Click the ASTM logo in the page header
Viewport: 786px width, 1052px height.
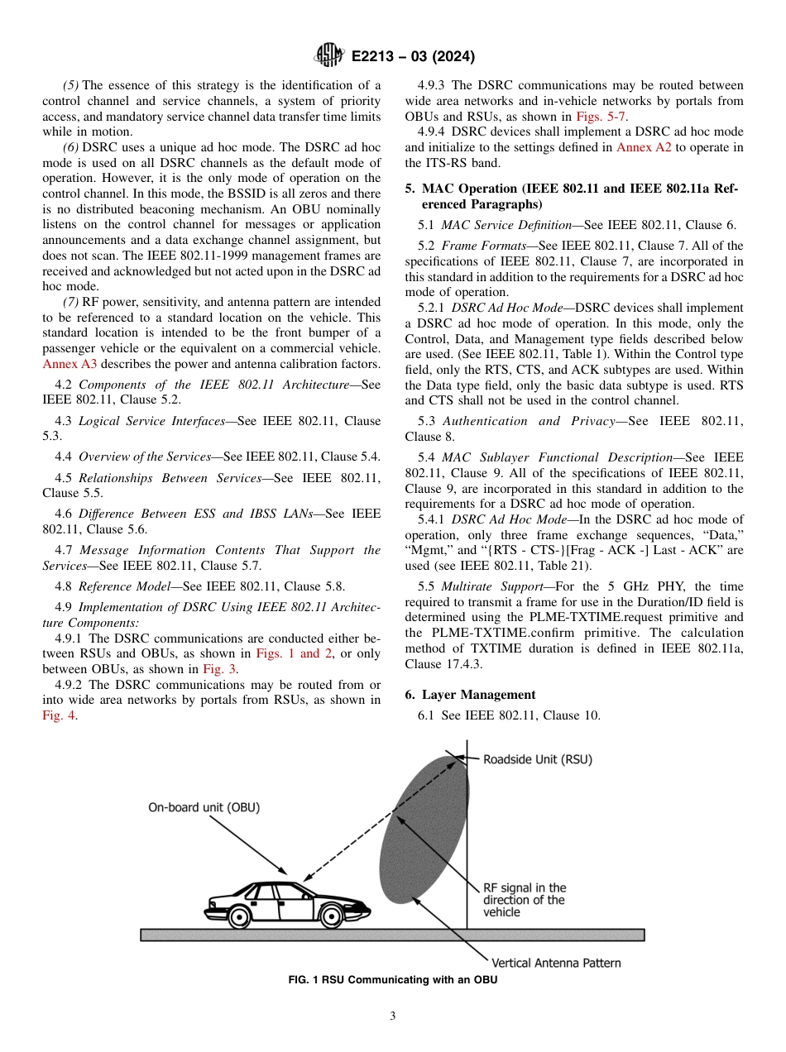coord(330,56)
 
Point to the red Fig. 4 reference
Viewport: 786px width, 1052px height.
coord(59,715)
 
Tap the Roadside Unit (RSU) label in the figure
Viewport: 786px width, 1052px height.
coord(537,758)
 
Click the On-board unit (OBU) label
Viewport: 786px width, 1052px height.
coord(204,806)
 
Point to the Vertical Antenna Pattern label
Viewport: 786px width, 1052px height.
coord(555,963)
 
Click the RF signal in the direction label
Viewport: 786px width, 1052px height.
coord(525,900)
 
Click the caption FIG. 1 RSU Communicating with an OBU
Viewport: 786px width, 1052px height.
coord(392,980)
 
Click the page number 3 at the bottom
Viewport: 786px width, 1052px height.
coord(393,1016)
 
